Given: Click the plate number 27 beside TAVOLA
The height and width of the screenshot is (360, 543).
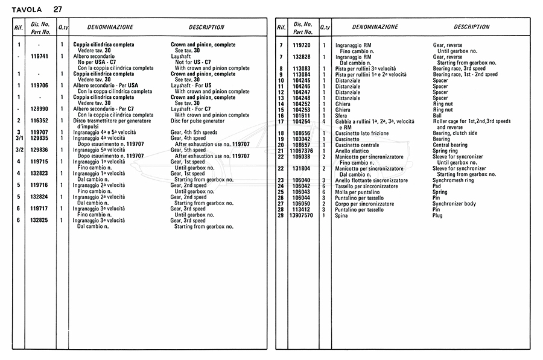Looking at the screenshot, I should point(57,9).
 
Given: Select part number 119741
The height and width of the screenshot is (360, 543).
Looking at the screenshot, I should point(39,56).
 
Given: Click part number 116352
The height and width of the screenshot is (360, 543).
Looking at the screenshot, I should point(39,121).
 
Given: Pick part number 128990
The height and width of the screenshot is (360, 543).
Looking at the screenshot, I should point(39,109).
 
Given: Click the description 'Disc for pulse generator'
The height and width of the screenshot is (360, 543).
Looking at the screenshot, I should point(197,121).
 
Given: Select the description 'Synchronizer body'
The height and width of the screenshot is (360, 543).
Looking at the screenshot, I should point(454,204).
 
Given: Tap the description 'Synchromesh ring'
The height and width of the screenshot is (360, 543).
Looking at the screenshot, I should point(453,180).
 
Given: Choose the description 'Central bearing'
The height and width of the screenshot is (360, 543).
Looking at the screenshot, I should point(452,145).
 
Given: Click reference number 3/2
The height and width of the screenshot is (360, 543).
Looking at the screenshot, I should point(19,150).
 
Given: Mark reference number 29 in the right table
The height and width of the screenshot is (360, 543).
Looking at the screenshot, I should point(281,215).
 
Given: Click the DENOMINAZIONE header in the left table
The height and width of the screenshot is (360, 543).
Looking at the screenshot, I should point(110,27).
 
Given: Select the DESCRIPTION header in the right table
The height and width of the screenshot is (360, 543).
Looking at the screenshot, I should point(471,27).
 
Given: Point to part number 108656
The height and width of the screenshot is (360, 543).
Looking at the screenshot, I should point(302,133).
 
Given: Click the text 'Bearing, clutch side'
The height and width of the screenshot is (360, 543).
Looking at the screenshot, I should point(455,133).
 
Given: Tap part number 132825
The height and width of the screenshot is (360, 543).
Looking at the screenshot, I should point(39,221).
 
